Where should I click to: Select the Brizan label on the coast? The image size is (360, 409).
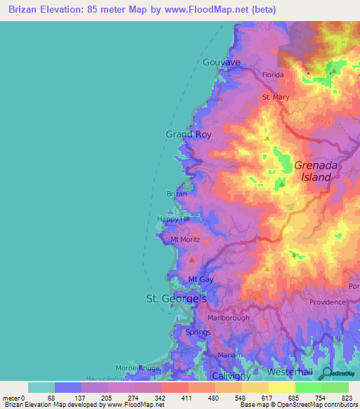(x=176, y=193)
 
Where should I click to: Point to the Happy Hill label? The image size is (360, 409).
(x=174, y=220)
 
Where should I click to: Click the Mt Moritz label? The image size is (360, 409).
(x=186, y=240)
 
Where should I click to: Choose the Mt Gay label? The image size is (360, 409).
(x=201, y=280)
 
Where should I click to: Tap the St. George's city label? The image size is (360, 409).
(x=176, y=299)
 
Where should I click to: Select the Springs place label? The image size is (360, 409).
(x=198, y=332)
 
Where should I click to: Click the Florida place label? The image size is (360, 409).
(x=273, y=74)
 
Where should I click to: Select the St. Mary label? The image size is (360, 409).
(x=276, y=97)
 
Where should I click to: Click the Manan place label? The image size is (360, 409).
(x=225, y=356)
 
